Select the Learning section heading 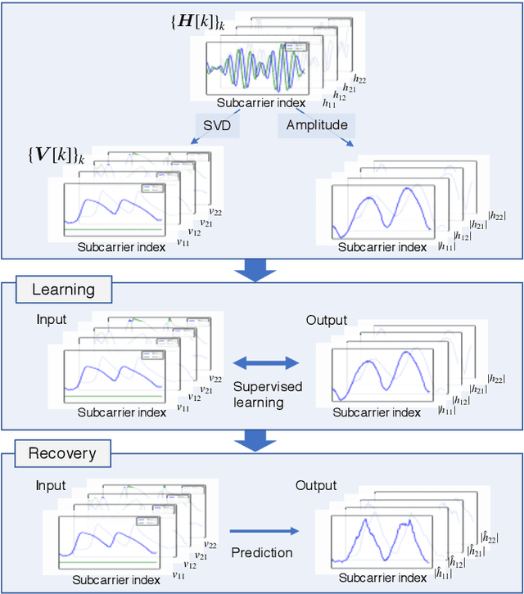point(63,290)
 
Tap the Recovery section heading point(62,453)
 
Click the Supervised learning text point(267,394)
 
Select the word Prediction point(261,552)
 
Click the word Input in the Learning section point(52,321)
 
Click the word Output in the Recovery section point(316,485)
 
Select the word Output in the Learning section point(327,321)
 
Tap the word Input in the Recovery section point(51,485)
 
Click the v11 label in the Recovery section point(178,574)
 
